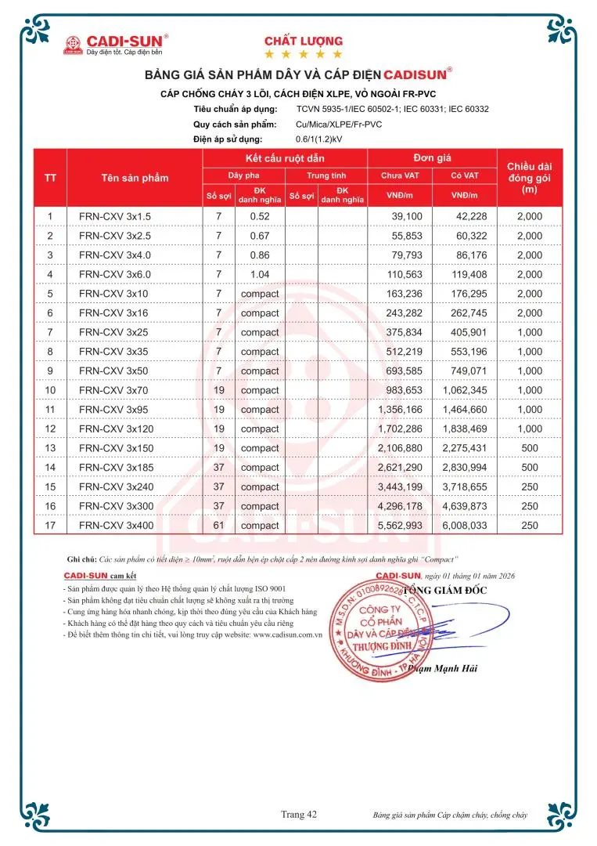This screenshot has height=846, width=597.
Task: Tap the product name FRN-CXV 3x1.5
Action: click(x=114, y=216)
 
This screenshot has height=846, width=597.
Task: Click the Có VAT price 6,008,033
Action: click(x=465, y=526)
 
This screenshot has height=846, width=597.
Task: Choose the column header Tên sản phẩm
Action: click(x=135, y=178)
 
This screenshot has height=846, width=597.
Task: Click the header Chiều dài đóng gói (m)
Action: click(x=530, y=178)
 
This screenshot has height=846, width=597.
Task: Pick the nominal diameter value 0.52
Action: click(x=260, y=216)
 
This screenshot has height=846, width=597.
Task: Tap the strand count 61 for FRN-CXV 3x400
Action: click(x=219, y=526)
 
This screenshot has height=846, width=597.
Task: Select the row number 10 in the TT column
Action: click(x=51, y=390)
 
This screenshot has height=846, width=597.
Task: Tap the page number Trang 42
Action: click(x=299, y=815)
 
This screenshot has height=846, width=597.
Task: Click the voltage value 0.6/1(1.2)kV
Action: click(x=323, y=139)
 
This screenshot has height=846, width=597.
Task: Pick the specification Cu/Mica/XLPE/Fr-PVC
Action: click(x=340, y=125)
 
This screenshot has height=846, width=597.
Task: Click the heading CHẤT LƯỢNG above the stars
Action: click(x=303, y=41)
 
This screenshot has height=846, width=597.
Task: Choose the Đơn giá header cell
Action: click(x=431, y=158)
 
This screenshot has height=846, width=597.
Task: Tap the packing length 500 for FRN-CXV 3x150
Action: click(x=530, y=448)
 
